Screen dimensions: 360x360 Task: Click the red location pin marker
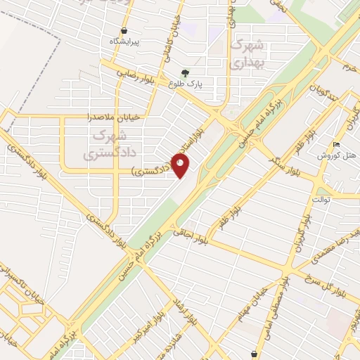coord(181,165)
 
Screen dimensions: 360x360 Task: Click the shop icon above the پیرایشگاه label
coord(124,31)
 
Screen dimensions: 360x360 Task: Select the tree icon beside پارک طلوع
coord(185,72)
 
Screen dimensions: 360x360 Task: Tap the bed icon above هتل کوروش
coord(336,144)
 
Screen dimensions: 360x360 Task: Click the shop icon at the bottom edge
coord(254,354)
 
